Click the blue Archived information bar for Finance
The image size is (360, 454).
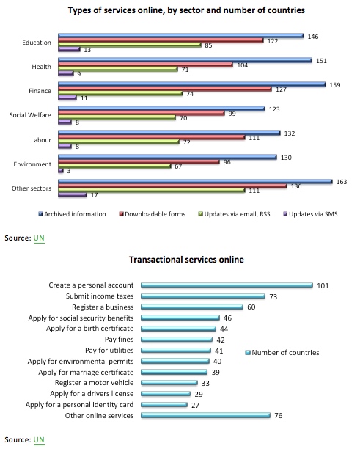(x=192, y=84)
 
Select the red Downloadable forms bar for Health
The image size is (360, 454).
(x=146, y=65)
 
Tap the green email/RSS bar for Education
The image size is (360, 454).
(x=130, y=45)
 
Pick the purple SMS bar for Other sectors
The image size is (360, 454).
(x=73, y=195)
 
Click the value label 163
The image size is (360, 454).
(x=342, y=182)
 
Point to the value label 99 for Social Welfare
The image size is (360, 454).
(x=232, y=114)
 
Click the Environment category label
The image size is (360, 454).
(x=32, y=164)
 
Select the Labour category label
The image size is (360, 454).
(x=41, y=140)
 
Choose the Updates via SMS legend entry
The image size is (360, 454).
(x=310, y=214)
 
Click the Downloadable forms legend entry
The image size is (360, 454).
(x=153, y=214)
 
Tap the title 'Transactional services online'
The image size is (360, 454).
(x=186, y=260)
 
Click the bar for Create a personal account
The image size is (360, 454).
(x=227, y=285)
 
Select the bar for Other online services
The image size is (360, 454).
(x=205, y=415)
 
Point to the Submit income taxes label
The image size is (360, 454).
(x=100, y=296)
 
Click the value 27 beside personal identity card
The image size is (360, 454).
(x=195, y=405)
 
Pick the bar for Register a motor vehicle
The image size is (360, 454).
(x=169, y=383)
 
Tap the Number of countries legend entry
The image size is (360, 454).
(x=282, y=352)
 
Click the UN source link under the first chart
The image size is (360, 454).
(x=39, y=238)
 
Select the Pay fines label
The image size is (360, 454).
(x=120, y=340)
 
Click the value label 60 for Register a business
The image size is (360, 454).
(x=251, y=307)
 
